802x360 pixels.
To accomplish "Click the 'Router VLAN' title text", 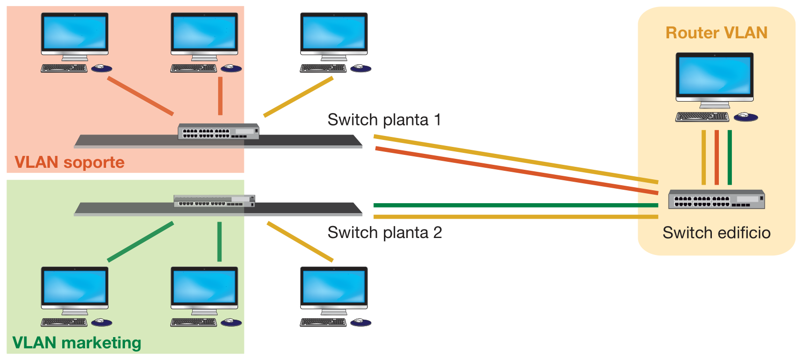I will point(716,33).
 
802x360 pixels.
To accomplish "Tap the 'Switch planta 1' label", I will point(384,120).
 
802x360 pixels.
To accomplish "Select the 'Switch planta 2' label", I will point(384,233).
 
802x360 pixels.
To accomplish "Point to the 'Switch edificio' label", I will point(716,233).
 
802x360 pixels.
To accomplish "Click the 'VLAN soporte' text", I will point(69,162).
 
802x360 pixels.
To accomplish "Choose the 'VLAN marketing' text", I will point(77,343).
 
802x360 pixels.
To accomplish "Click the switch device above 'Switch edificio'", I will point(716,199).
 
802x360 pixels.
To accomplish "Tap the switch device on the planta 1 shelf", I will point(218,131).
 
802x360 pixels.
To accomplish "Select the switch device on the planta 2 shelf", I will point(214,201).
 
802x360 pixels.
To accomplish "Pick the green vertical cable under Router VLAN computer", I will point(729,157).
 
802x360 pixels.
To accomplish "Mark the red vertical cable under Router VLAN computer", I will point(716,157).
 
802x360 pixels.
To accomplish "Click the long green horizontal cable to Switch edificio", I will point(515,205).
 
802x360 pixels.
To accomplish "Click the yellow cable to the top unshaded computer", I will point(298,97).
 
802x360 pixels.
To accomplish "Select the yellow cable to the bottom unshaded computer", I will point(300,241).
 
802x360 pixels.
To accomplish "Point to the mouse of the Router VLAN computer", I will point(746,117).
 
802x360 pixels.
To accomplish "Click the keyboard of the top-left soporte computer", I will point(64,68).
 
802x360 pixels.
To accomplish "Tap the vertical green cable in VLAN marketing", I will point(220,241).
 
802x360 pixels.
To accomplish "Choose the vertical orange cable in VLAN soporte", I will point(220,96).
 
